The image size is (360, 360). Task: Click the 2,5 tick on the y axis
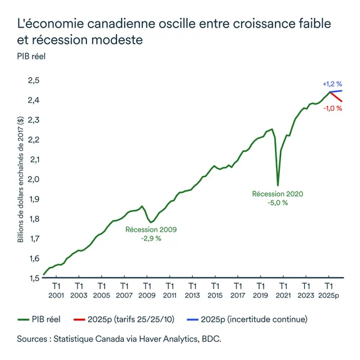pyautogui.click(x=31, y=80)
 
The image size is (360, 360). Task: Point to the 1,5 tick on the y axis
pyautogui.click(x=31, y=277)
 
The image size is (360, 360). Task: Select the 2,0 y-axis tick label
pyautogui.click(x=31, y=179)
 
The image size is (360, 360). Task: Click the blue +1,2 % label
pyautogui.click(x=332, y=84)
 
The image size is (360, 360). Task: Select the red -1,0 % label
pyautogui.click(x=332, y=108)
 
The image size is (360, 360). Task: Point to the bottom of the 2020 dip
pyautogui.click(x=278, y=185)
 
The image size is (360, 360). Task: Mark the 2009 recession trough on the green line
pyautogui.click(x=151, y=222)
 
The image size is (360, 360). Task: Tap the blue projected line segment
pyautogui.click(x=336, y=91)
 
